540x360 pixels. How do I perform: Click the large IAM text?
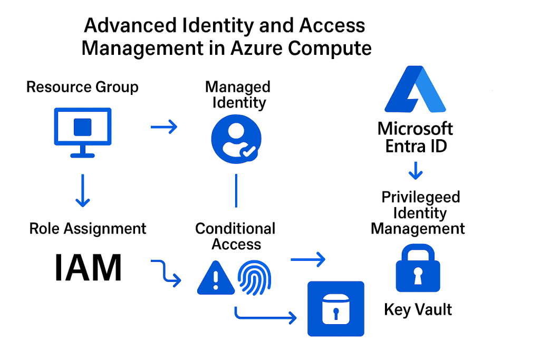[88, 268]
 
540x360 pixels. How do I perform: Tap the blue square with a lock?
[336, 309]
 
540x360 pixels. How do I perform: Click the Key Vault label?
[418, 309]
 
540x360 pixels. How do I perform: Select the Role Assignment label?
[88, 229]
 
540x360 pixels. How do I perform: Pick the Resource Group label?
[82, 87]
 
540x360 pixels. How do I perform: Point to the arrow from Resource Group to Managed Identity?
[164, 127]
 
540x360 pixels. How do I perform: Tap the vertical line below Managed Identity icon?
[236, 190]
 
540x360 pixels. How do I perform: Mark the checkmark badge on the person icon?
[248, 152]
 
